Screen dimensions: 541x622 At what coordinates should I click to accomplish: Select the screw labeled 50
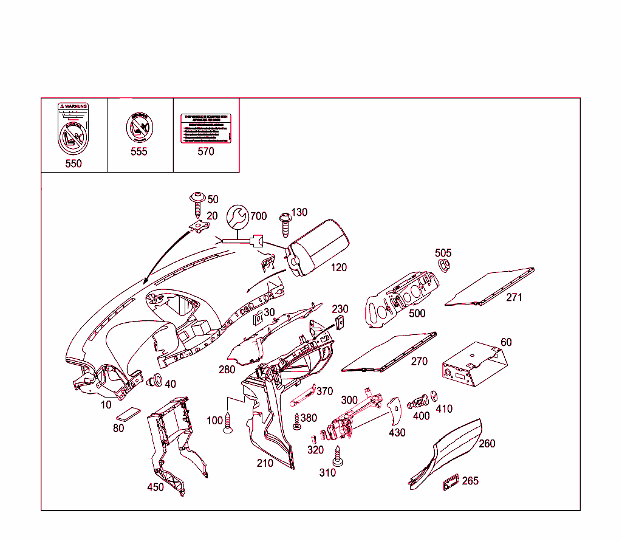pos(197,203)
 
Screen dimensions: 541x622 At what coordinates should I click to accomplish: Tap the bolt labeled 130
pos(284,224)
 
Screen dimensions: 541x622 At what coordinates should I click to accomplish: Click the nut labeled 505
pos(444,264)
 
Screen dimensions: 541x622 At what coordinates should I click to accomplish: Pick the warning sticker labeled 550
pos(73,130)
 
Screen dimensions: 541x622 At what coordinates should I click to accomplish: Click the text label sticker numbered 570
pos(206,128)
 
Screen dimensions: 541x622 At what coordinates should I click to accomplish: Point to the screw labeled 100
pos(228,423)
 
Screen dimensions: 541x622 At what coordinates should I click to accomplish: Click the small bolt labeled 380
pos(296,421)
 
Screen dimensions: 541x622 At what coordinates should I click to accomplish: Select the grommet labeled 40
pos(154,382)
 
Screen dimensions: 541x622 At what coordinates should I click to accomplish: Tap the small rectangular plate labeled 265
pos(449,481)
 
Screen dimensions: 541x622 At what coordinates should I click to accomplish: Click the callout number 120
pos(339,267)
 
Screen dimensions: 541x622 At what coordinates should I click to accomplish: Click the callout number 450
pos(155,488)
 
